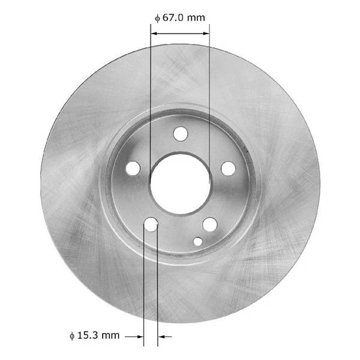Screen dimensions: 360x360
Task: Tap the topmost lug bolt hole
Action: tap(180, 133)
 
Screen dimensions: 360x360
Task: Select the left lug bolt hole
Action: tap(133, 169)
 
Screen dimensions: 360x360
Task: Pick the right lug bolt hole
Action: tap(228, 169)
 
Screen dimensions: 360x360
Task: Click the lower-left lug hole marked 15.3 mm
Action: tap(151, 224)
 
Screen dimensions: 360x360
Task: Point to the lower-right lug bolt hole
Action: tap(209, 224)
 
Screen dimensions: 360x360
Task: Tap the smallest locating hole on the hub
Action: tap(198, 241)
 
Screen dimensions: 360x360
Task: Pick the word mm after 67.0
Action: tap(196, 17)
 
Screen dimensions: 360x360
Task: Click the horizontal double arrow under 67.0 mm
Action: tap(179, 34)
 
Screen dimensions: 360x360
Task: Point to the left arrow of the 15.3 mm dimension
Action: tap(135, 337)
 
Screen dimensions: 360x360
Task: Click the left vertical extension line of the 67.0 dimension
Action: tap(149, 90)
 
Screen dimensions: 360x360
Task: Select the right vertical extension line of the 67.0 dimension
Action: tap(209, 90)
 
